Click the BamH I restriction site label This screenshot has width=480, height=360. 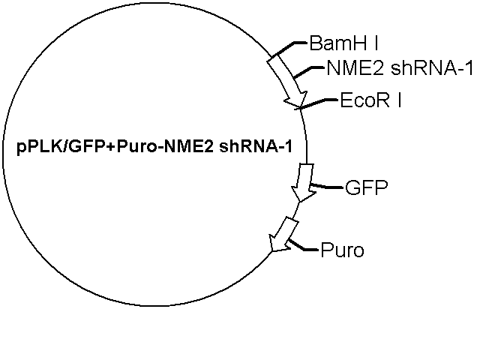click(x=343, y=43)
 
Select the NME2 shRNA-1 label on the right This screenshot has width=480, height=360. click(x=400, y=67)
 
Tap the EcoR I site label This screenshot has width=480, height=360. click(x=370, y=100)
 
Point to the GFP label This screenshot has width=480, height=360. click(x=367, y=187)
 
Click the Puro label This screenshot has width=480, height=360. click(x=342, y=250)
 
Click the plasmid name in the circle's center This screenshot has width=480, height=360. click(x=154, y=147)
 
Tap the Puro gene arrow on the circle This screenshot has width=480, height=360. click(x=283, y=235)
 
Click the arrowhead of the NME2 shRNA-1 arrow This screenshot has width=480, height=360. click(x=297, y=100)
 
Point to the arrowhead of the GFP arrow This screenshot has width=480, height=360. click(x=302, y=193)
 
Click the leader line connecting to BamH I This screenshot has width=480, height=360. click(x=289, y=49)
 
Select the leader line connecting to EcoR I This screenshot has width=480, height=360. click(x=319, y=103)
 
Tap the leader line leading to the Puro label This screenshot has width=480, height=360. click(x=303, y=246)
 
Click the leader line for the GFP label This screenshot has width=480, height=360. click(x=327, y=186)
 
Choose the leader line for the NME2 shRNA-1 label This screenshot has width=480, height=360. click(x=308, y=72)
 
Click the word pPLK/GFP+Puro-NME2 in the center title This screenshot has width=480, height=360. click(x=115, y=147)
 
